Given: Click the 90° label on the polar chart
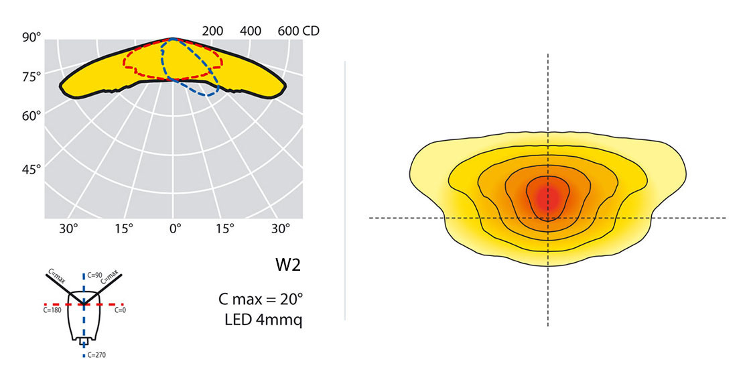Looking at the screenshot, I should tap(31, 38).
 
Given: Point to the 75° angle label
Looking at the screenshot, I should tap(31, 77).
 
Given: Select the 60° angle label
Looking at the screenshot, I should tap(31, 116).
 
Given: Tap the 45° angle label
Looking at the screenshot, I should tap(31, 170).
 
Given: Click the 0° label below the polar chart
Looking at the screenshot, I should tap(175, 229).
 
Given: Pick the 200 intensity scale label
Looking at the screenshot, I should tap(212, 31).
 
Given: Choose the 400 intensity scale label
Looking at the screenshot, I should tap(251, 31).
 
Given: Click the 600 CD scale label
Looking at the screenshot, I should tap(299, 31).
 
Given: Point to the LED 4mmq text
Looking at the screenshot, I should tap(264, 320).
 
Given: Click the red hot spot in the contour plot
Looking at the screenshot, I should tap(549, 196).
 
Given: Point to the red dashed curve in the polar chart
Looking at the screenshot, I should tap(126, 60).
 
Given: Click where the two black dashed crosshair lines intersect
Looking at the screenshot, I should tap(548, 218).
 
